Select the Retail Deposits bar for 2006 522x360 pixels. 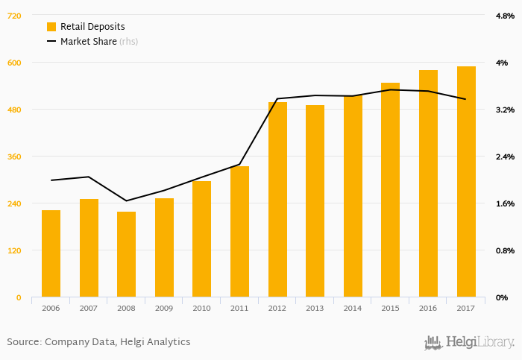pyautogui.click(x=51, y=253)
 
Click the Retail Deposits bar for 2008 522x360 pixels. pyautogui.click(x=126, y=254)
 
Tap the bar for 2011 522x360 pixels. pyautogui.click(x=239, y=232)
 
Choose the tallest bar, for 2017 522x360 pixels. pyautogui.click(x=466, y=182)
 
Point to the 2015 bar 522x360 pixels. pyautogui.click(x=390, y=190)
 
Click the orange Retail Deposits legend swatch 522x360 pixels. pyautogui.click(x=51, y=26)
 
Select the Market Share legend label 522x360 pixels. pyautogui.click(x=88, y=42)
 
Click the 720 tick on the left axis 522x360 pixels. pyautogui.click(x=13, y=16)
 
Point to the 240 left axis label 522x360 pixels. pyautogui.click(x=13, y=203)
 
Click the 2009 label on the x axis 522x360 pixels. pyautogui.click(x=164, y=307)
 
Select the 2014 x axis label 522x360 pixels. pyautogui.click(x=353, y=307)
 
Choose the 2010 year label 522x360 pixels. pyautogui.click(x=201, y=307)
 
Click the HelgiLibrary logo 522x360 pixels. pyautogui.click(x=469, y=342)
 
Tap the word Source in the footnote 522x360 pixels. pyautogui.click(x=23, y=342)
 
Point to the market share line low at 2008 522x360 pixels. pyautogui.click(x=126, y=200)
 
